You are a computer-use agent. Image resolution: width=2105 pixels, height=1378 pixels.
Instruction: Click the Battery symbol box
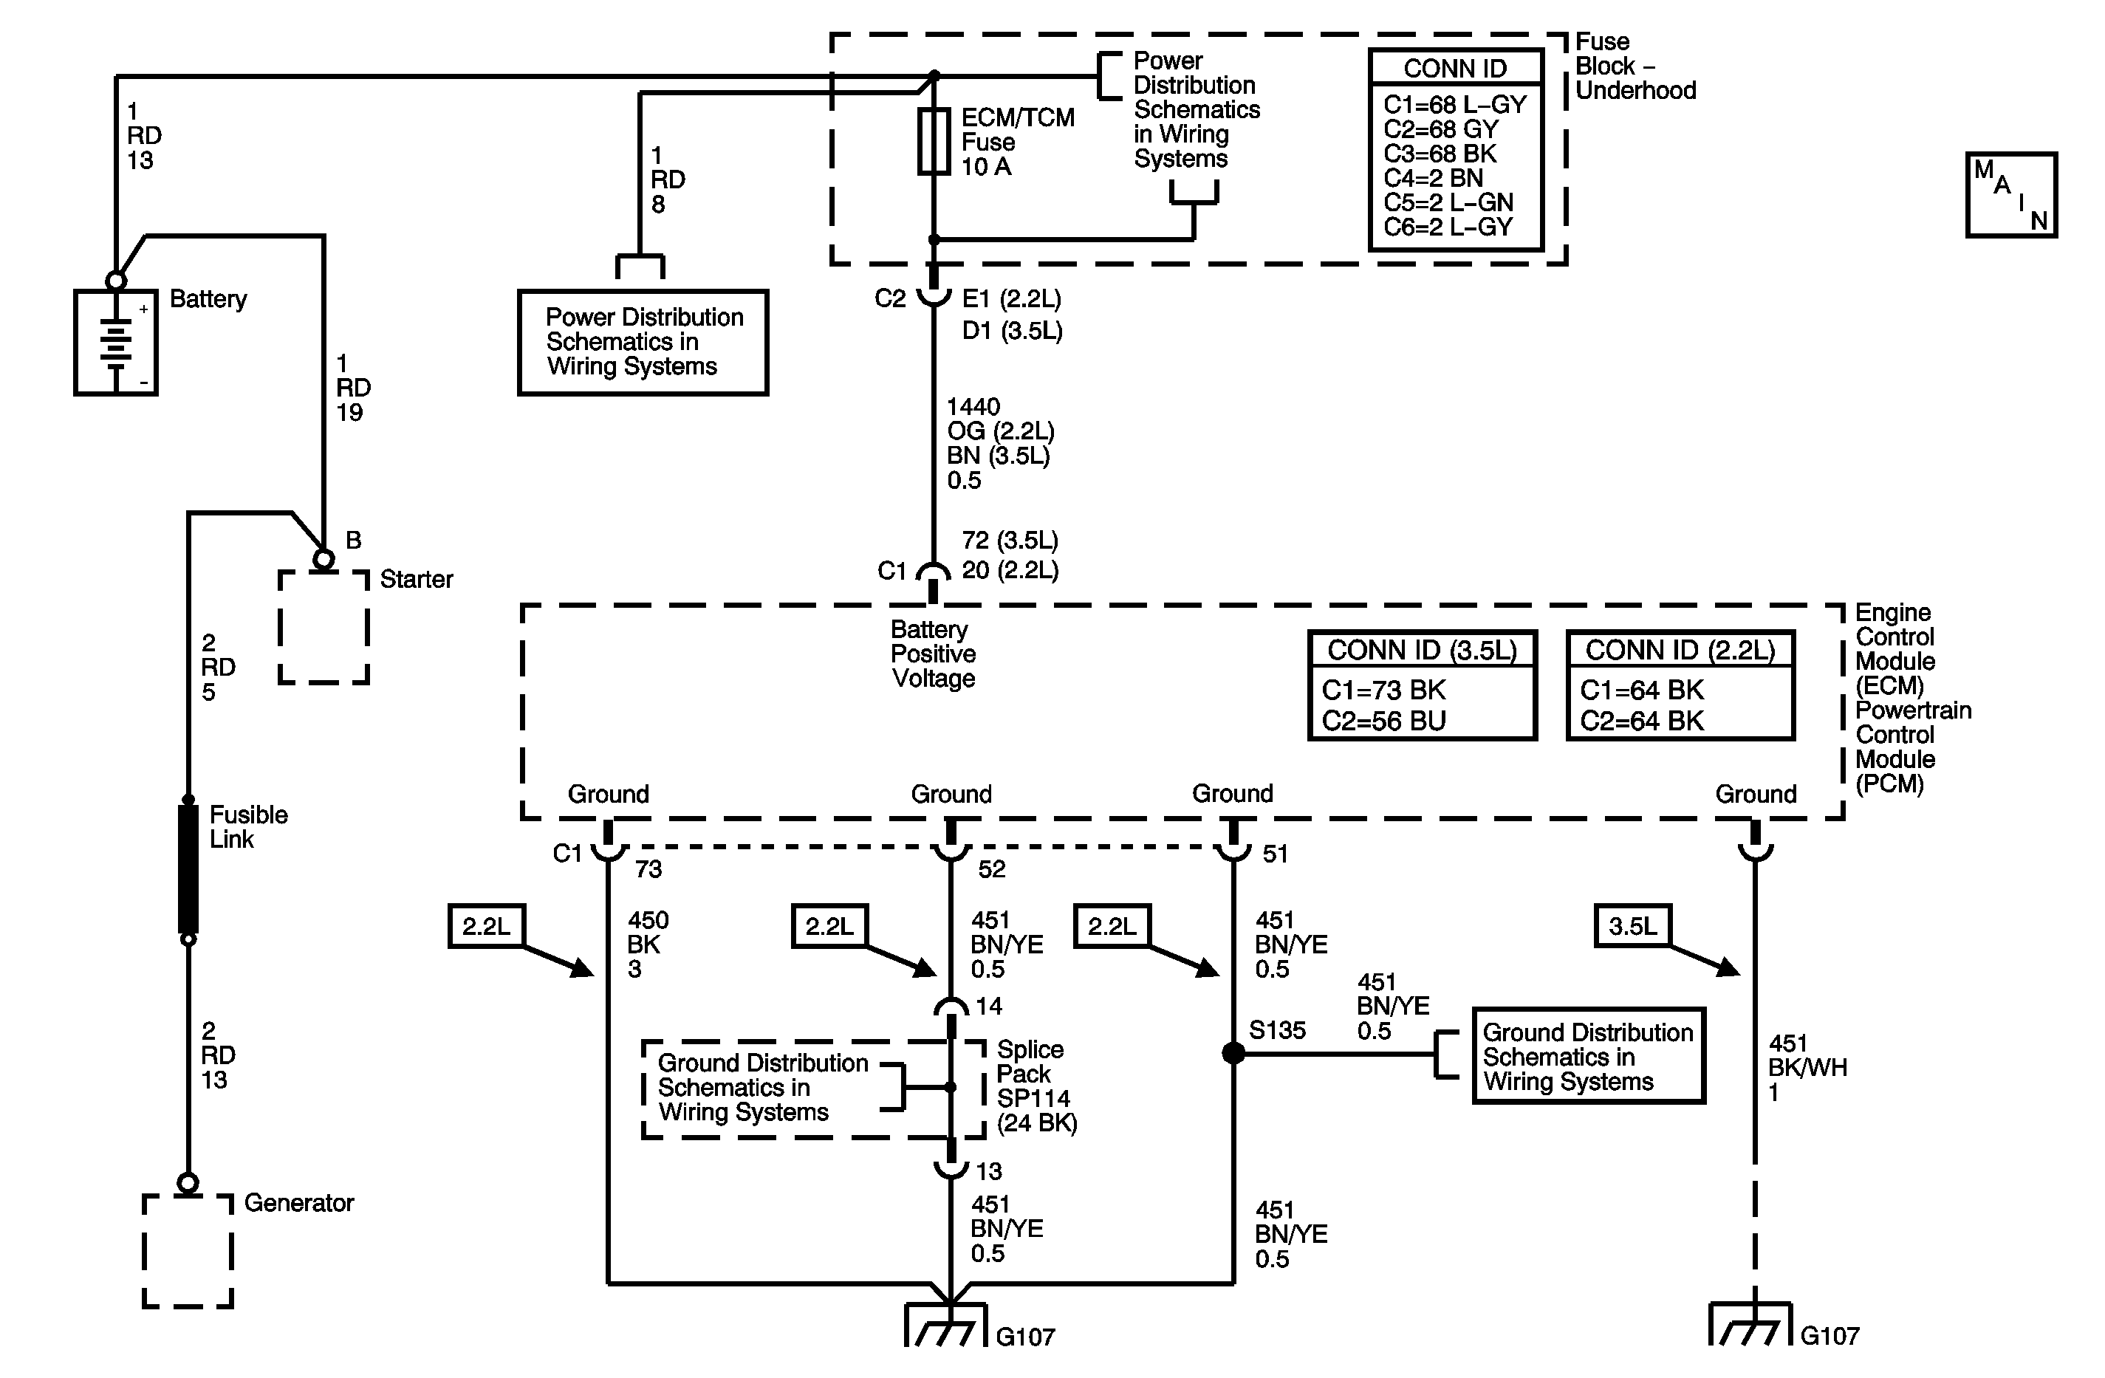tap(116, 341)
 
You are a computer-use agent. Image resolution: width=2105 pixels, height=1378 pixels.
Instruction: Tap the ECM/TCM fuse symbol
tap(934, 142)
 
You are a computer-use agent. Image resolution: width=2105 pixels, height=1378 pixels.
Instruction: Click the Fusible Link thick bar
tap(188, 868)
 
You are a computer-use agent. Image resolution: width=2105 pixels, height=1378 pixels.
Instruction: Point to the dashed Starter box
tap(324, 628)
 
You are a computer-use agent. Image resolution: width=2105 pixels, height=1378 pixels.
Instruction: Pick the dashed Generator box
tap(188, 1251)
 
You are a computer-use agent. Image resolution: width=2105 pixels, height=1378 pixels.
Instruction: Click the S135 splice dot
tap(1233, 1053)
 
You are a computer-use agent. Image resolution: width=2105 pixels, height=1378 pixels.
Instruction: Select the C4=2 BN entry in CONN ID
tap(1433, 178)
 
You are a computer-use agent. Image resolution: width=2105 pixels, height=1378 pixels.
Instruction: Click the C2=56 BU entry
tap(1383, 721)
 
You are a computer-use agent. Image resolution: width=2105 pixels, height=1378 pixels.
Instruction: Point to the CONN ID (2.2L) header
tap(1680, 650)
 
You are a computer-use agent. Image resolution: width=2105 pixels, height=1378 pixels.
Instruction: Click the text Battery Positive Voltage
tap(933, 654)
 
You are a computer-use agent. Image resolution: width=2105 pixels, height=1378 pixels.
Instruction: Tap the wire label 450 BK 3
tap(648, 945)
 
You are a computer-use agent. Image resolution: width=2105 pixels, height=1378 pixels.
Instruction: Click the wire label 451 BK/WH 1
tap(1807, 1068)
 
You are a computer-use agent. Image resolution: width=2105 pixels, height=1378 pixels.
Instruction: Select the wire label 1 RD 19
tap(353, 388)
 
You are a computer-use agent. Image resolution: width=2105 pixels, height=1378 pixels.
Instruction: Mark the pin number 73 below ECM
tap(648, 869)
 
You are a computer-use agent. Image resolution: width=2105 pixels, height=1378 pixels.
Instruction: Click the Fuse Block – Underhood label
tap(1635, 66)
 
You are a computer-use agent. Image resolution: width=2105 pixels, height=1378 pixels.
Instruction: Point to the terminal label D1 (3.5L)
tap(1012, 331)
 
